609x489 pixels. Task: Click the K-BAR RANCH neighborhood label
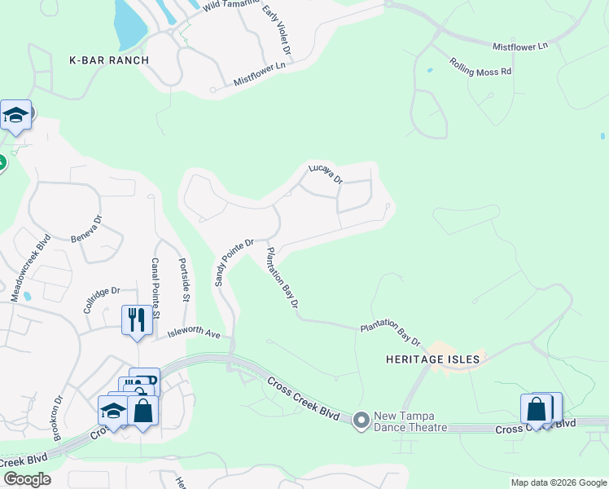[109, 60]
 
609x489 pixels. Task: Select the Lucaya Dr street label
[326, 174]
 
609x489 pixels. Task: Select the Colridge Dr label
[101, 301]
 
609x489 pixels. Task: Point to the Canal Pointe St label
[156, 288]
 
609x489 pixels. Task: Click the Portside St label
[183, 281]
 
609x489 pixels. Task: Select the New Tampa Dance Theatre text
[411, 421]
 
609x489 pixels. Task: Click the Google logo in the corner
[27, 478]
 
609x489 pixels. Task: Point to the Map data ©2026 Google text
[559, 482]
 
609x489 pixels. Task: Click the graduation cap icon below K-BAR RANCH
[15, 115]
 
